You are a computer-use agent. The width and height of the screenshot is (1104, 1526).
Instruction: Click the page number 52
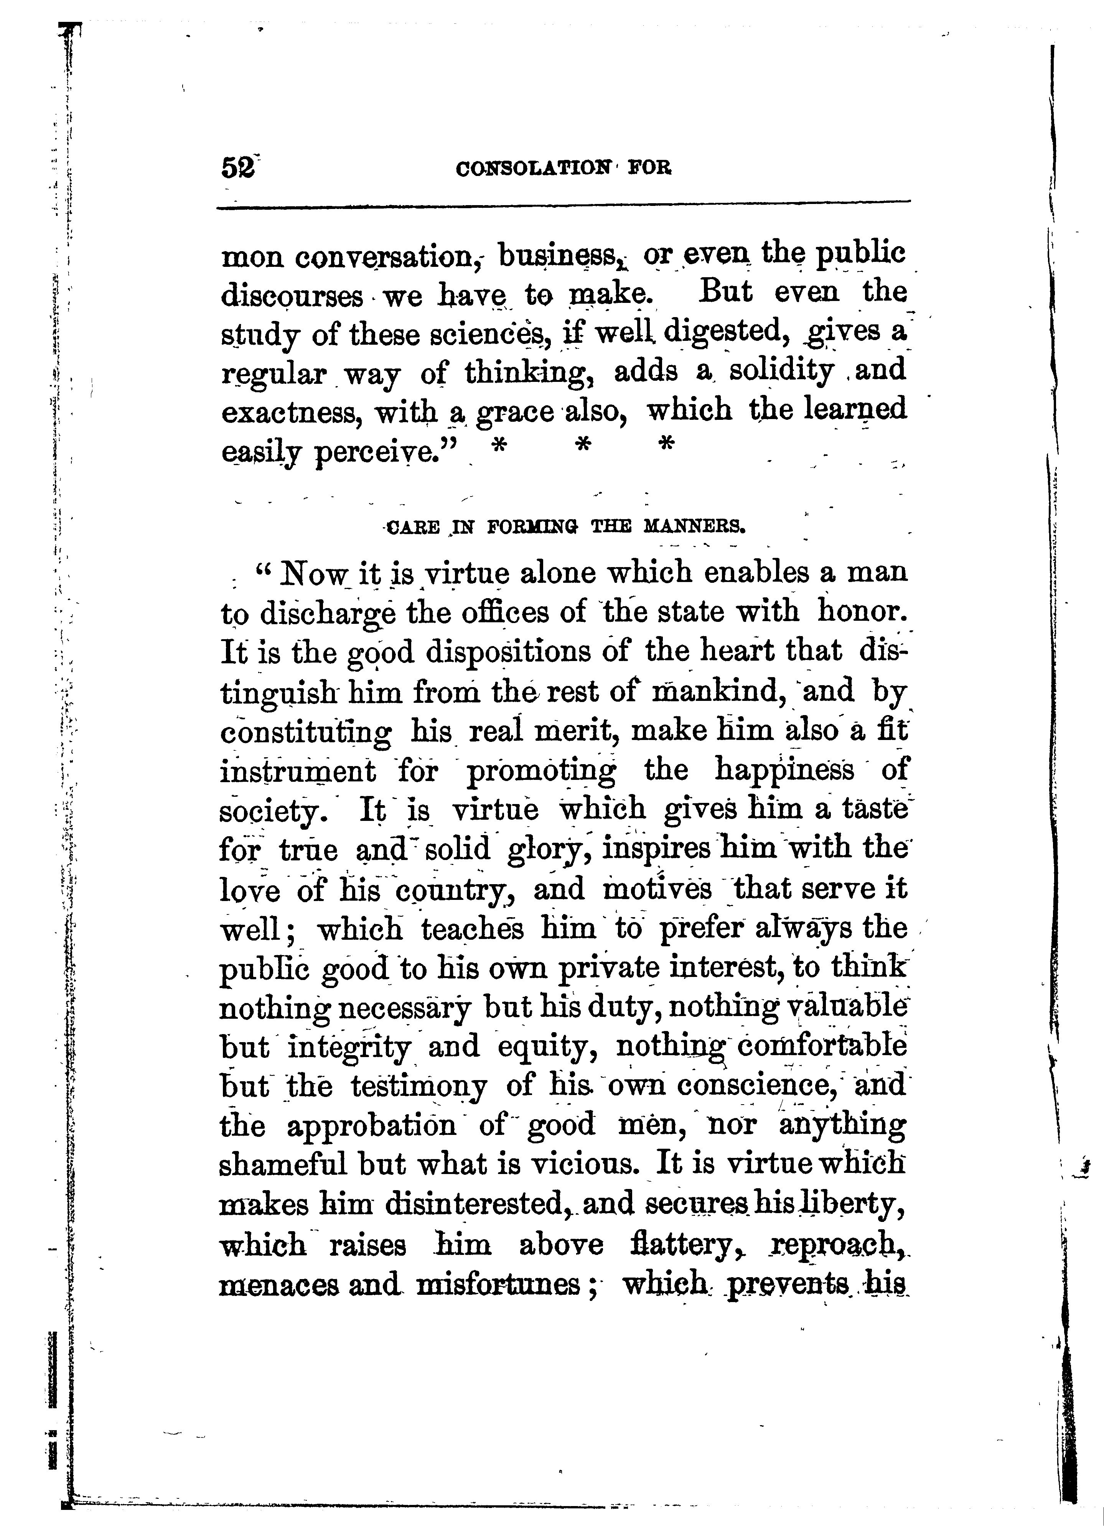pyautogui.click(x=237, y=167)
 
